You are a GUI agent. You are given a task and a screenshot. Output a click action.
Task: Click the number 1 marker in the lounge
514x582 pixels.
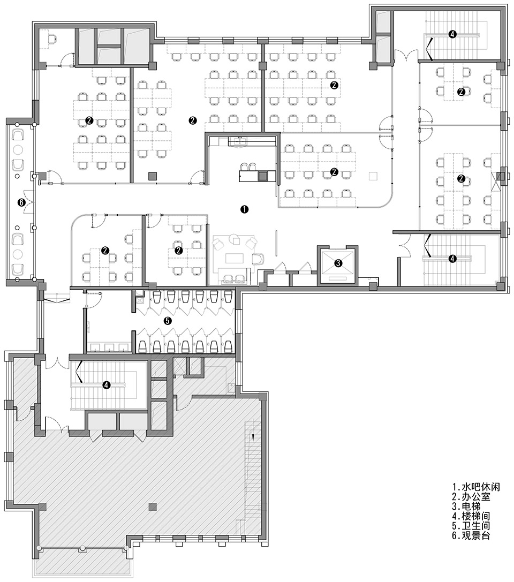click(244, 209)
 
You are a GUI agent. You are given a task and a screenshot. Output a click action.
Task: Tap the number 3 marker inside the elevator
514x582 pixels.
click(338, 263)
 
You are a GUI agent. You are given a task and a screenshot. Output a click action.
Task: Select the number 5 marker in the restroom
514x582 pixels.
click(168, 321)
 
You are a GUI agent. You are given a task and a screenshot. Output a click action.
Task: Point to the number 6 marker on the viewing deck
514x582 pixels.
click(21, 202)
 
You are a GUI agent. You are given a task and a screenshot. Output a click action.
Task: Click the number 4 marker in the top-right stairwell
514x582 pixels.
click(452, 34)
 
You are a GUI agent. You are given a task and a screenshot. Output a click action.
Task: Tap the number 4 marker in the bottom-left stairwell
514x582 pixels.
click(107, 384)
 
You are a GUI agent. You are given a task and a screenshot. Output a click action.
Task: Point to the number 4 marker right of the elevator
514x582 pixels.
click(452, 259)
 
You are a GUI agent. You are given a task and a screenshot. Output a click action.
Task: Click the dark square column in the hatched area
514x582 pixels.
click(153, 507)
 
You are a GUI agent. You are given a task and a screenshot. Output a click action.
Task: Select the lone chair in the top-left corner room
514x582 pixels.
click(52, 38)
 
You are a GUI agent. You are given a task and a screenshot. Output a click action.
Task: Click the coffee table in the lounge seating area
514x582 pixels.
click(234, 259)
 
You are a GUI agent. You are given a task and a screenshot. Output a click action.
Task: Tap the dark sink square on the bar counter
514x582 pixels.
click(262, 176)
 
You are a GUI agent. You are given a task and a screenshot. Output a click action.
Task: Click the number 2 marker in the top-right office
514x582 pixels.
click(460, 91)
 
